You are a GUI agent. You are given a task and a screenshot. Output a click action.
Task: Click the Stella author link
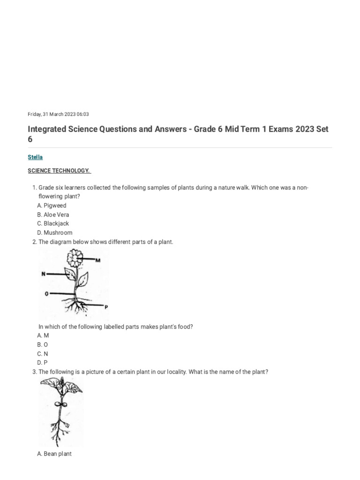pos(35,157)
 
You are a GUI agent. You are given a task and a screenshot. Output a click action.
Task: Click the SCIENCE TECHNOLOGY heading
pos(59,171)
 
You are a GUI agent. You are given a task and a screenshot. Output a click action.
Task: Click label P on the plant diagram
pos(106,307)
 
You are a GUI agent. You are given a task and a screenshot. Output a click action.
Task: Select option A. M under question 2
pos(43,335)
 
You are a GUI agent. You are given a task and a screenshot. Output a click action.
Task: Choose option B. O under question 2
pos(42,344)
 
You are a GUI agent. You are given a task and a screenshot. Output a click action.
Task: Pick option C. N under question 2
pos(42,353)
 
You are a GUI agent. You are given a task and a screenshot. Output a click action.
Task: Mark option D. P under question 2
pos(42,362)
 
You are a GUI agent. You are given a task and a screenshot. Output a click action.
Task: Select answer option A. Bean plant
pos(54,454)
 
